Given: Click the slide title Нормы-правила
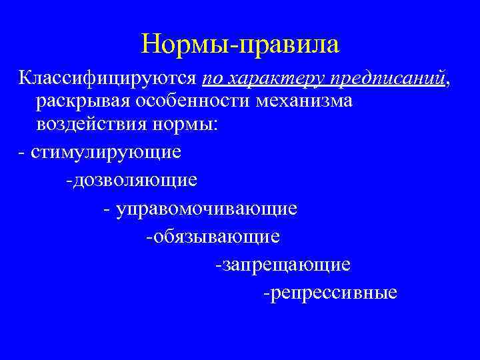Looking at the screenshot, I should click(240, 45).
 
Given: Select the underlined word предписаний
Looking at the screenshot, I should click(386, 79).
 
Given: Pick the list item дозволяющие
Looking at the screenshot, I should click(133, 181).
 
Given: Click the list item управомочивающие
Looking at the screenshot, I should click(207, 209).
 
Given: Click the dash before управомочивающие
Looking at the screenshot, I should click(107, 209).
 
